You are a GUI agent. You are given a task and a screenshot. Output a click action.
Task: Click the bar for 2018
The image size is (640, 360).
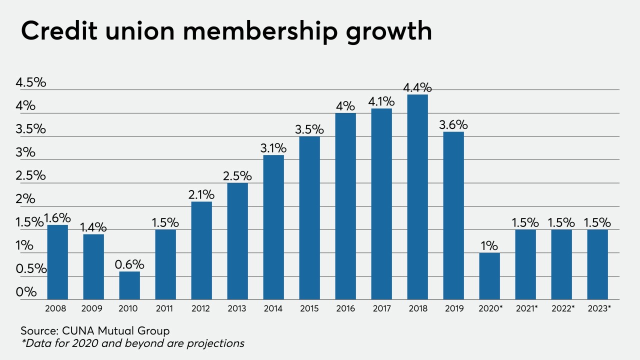(417, 197)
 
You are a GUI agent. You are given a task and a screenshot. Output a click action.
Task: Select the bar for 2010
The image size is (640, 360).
(129, 285)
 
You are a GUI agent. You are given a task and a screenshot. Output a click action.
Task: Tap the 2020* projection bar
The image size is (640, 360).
(489, 276)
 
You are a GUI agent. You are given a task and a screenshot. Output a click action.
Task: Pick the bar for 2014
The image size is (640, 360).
(273, 227)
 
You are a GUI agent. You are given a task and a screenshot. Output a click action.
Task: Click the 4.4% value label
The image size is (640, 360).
(417, 87)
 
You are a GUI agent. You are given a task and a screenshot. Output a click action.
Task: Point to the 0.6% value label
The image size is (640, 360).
(129, 264)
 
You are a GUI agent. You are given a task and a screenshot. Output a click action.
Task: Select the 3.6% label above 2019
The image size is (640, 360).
(453, 124)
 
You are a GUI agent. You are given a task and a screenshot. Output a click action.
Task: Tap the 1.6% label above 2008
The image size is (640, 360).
(58, 218)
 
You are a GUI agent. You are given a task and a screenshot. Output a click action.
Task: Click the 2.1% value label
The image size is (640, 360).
(201, 194)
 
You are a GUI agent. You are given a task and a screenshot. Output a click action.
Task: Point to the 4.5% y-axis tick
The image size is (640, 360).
(30, 82)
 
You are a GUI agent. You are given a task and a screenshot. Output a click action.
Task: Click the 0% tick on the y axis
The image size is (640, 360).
(26, 292)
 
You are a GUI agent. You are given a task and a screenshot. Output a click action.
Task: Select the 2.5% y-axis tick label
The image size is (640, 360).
(30, 175)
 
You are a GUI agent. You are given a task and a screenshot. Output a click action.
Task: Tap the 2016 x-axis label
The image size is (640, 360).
(345, 308)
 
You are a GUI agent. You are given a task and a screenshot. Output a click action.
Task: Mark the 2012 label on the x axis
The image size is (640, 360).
(201, 308)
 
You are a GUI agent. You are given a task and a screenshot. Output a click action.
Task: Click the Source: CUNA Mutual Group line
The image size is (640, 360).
(95, 330)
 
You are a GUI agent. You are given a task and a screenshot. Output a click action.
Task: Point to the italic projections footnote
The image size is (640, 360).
(132, 343)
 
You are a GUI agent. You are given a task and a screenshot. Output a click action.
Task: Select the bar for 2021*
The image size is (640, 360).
(525, 264)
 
